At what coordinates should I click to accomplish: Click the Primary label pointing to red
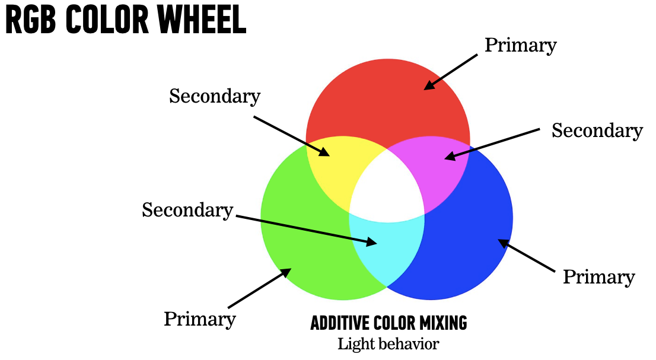[520, 45]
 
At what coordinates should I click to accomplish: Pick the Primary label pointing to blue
[598, 277]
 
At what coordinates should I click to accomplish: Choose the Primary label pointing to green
[199, 319]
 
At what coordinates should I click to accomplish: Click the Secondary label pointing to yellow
[214, 96]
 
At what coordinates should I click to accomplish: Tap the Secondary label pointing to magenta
[597, 130]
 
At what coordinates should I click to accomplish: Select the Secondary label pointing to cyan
[187, 209]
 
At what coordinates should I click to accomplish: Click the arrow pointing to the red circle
[451, 72]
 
